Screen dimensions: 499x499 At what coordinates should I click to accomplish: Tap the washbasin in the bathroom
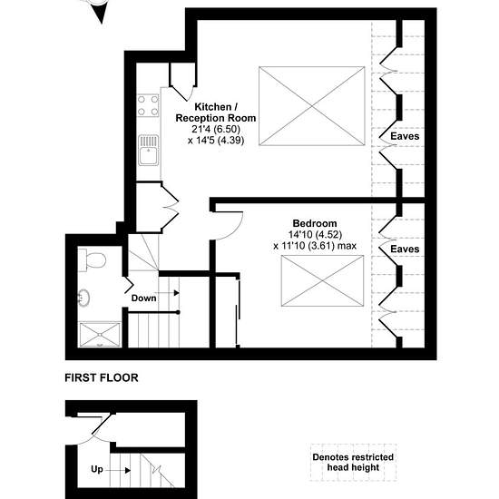click(83, 298)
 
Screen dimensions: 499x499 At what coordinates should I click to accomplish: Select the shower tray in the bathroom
click(100, 335)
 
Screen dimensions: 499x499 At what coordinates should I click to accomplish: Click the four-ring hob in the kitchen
click(148, 105)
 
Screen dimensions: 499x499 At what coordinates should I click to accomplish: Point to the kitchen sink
click(148, 151)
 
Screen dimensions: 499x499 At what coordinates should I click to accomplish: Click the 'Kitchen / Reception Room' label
click(216, 113)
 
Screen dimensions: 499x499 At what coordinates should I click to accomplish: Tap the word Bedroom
click(315, 223)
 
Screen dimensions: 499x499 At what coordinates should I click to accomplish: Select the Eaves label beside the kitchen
click(405, 136)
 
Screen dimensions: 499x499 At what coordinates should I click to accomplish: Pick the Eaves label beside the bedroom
click(405, 249)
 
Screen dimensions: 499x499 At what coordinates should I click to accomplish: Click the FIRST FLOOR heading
click(102, 377)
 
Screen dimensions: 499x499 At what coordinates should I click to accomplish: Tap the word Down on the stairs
click(144, 298)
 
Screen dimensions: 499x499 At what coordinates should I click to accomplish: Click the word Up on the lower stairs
click(97, 469)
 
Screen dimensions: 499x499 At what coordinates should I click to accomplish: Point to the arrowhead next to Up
click(128, 470)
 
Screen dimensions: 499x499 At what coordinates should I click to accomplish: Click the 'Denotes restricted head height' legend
click(353, 463)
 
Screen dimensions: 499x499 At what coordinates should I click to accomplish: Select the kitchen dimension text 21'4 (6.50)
click(216, 129)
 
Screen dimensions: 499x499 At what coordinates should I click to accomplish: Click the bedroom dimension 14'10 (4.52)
click(315, 235)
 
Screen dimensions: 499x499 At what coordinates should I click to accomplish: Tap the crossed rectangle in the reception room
click(312, 106)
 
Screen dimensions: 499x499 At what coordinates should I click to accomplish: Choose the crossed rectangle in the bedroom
click(322, 281)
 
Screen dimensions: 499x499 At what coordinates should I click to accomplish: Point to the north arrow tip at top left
click(102, 24)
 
